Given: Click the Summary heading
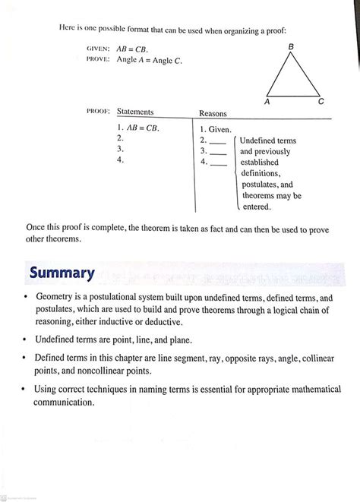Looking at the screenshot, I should [x=62, y=273].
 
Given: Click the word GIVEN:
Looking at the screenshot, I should [x=98, y=49].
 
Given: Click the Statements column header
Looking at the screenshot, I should [x=135, y=112].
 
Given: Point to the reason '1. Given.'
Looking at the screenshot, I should [x=216, y=130].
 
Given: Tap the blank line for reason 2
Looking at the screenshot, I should [x=217, y=143].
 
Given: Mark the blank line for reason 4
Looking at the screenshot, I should [x=217, y=163].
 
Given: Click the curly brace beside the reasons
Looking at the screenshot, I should [x=235, y=173].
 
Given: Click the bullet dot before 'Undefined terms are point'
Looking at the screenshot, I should [x=26, y=339].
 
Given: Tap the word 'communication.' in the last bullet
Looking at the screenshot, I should [x=65, y=403].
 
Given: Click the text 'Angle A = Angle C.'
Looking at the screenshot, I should [x=149, y=59].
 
